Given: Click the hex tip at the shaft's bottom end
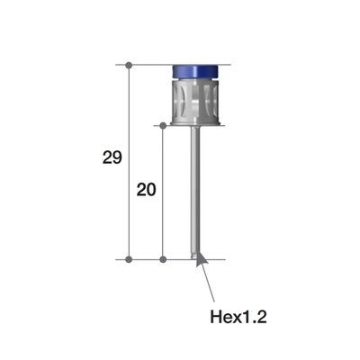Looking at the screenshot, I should click(195, 256).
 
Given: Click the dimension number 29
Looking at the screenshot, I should click(112, 158).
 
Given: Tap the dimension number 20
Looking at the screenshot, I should click(145, 190).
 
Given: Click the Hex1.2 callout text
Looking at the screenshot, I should click(238, 316).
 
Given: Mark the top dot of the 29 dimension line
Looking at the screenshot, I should click(130, 65).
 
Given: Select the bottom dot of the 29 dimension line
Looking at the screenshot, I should click(130, 259).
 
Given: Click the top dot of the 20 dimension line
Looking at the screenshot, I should click(162, 125).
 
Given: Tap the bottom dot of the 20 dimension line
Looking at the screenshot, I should click(162, 259).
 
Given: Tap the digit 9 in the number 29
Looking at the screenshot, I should click(117, 158).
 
